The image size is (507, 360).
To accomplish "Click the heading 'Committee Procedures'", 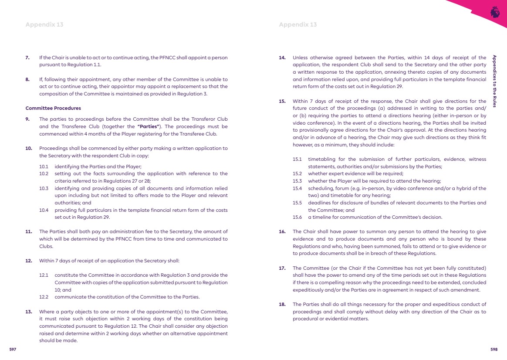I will tap(53, 108).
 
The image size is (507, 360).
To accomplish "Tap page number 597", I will tap(13, 349).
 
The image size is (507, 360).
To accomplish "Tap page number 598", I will tap(494, 349).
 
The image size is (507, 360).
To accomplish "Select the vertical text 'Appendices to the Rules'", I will tap(494, 81).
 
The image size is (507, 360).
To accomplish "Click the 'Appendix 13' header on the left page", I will tap(44, 25).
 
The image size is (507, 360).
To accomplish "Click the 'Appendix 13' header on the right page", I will tap(297, 25).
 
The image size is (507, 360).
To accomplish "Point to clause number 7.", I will tap(28, 58).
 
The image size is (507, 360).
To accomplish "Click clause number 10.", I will tap(29, 148).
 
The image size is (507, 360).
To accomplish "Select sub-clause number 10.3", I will tap(44, 188).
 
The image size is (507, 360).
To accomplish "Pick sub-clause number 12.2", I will tap(44, 297).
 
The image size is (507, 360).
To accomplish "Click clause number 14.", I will tap(282, 58).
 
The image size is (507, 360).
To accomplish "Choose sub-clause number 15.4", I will tap(297, 188).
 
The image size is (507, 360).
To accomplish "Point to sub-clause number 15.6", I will tap(297, 217).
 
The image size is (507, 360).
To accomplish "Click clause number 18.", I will tap(282, 304).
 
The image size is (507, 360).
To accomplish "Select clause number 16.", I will tap(282, 232).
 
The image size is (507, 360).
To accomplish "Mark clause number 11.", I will tap(29, 232).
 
